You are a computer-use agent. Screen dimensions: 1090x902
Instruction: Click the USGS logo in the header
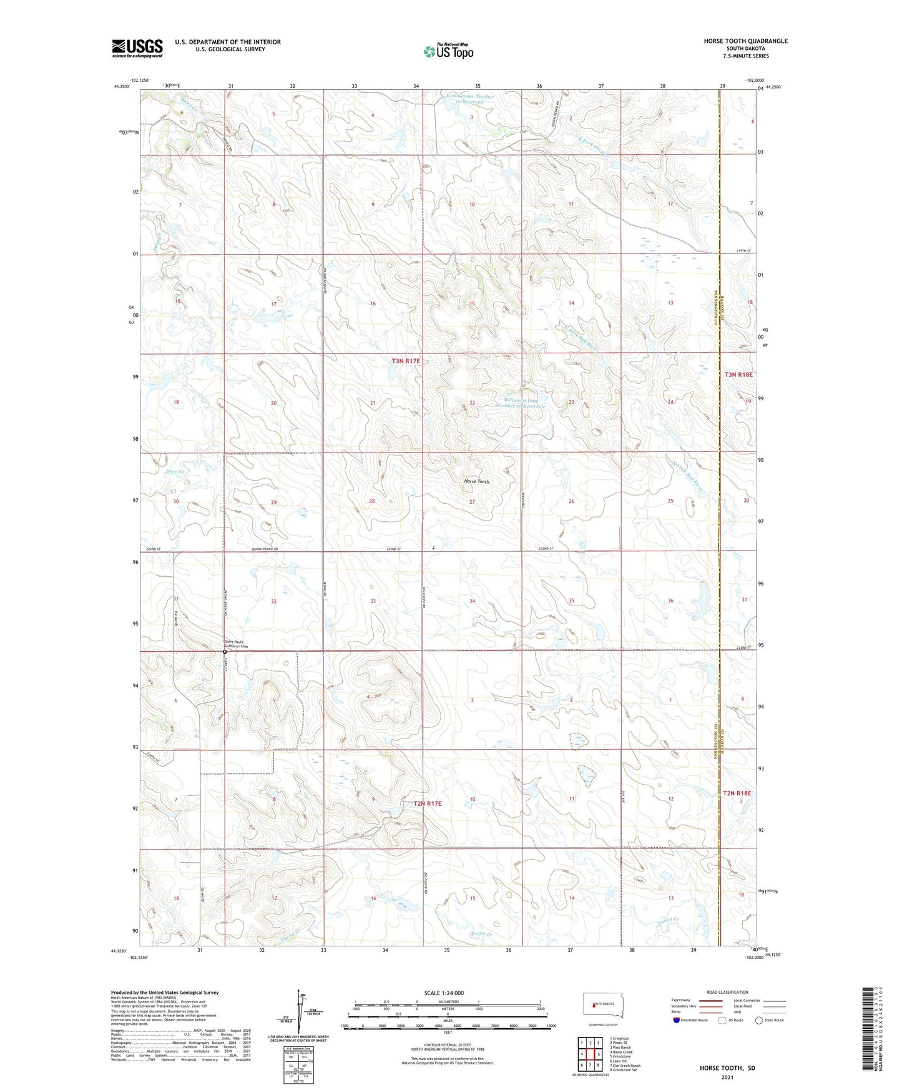tap(137, 48)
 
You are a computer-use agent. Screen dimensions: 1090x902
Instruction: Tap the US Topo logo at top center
tap(448, 51)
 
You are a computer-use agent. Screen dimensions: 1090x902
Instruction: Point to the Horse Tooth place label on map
tap(477, 481)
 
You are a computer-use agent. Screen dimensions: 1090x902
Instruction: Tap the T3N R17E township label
tap(406, 361)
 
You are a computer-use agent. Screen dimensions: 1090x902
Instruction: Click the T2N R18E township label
tap(737, 793)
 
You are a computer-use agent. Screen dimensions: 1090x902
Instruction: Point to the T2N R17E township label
tap(427, 803)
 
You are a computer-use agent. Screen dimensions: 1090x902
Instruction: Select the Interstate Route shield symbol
tap(677, 1020)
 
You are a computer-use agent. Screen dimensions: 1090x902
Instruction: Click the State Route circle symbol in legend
tap(759, 1020)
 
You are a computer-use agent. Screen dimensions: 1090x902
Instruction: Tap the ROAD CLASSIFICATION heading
tap(727, 992)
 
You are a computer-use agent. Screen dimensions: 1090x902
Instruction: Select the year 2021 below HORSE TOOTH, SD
tap(727, 1077)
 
